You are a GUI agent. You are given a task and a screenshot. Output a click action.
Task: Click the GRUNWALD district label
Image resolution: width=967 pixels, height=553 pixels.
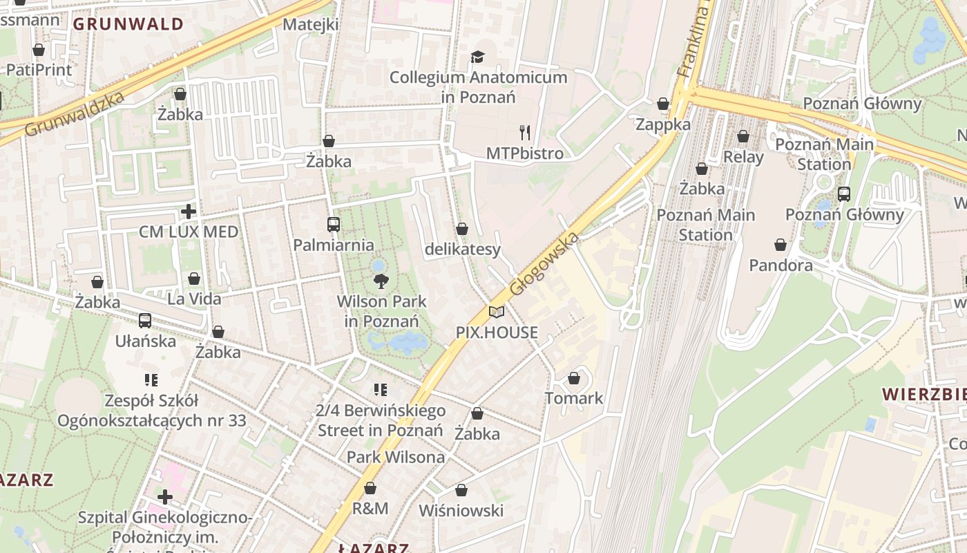coord(128,24)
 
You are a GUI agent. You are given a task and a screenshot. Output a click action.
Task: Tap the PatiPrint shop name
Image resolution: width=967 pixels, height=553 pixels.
coord(39,70)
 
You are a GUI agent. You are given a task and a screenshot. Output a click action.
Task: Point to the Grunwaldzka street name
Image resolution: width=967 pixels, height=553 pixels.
coord(75,113)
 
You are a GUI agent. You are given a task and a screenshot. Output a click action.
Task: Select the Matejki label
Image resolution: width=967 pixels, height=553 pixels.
coord(311,25)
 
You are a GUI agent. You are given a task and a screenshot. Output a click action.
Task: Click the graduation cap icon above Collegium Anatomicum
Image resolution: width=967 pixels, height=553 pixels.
coord(478,57)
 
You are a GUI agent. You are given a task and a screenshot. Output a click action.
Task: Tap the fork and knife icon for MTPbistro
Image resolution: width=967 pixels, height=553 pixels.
coord(525,132)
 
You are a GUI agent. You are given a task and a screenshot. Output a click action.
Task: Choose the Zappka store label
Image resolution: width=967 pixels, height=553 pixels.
coord(663,124)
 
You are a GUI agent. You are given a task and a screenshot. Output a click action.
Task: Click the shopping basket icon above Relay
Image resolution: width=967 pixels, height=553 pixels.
coord(743,136)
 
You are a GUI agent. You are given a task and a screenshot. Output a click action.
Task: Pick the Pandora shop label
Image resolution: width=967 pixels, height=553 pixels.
coord(781,265)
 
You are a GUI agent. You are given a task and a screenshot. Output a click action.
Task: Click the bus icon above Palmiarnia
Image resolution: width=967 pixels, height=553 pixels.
coord(334,224)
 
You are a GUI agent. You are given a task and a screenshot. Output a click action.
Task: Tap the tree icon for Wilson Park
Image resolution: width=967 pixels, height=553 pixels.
coord(381,281)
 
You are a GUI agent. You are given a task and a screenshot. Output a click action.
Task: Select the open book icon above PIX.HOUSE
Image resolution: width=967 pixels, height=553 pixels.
coord(497,312)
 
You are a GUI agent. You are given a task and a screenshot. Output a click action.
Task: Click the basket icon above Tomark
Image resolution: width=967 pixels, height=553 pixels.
coord(574,378)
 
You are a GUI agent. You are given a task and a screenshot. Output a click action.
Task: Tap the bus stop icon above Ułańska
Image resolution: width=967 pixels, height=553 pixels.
coord(145,320)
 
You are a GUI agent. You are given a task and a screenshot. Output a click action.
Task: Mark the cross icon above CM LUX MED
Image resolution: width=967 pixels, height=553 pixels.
coord(189,211)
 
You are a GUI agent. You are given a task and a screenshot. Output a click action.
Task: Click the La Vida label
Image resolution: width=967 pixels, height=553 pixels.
coord(194,299)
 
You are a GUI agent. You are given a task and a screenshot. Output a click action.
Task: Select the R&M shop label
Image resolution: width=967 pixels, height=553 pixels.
coord(370,508)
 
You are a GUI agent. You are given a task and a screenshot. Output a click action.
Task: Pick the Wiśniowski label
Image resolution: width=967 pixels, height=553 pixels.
coord(461,511)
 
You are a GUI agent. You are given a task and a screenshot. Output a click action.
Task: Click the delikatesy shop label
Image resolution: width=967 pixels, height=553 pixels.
coord(462,249)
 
